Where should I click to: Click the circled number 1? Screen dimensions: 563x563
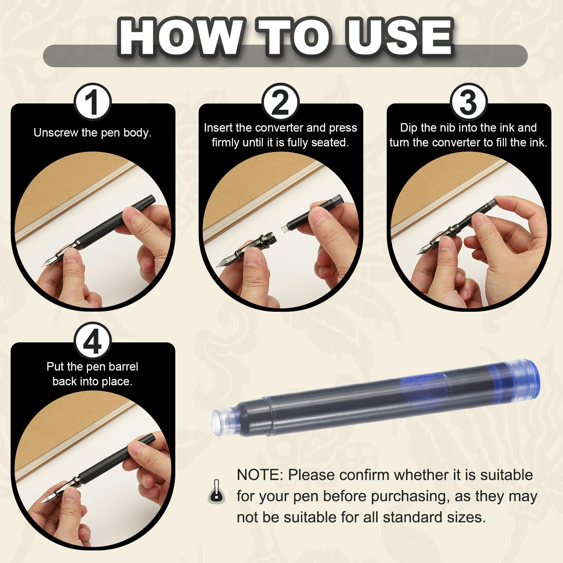tap(93, 102)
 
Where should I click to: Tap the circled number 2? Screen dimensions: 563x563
tap(280, 102)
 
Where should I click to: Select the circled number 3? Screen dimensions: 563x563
tap(468, 102)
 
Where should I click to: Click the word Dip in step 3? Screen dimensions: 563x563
tap(409, 128)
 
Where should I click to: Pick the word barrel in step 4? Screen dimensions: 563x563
tap(123, 367)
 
